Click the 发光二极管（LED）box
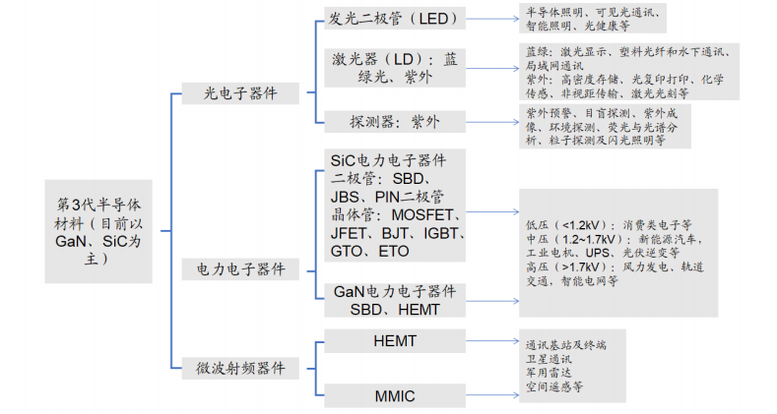click(x=393, y=20)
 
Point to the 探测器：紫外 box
click(x=393, y=122)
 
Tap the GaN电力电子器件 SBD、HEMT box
click(x=394, y=300)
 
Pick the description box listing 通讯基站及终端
click(x=571, y=366)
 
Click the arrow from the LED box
click(x=492, y=19)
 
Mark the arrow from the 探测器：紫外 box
click(x=492, y=122)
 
